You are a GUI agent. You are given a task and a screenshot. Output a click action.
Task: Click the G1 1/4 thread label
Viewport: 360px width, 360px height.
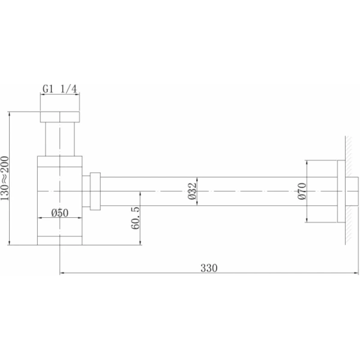click(59, 89)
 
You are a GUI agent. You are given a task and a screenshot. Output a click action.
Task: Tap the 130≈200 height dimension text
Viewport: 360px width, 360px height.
click(5, 178)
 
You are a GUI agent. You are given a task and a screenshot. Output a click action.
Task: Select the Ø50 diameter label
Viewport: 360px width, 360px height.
click(59, 213)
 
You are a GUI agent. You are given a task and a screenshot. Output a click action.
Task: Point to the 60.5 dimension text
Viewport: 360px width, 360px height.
click(135, 218)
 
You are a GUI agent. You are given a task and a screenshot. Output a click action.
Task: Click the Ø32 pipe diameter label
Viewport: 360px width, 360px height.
click(193, 191)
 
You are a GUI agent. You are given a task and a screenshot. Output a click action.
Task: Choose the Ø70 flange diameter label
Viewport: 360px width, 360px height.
click(302, 191)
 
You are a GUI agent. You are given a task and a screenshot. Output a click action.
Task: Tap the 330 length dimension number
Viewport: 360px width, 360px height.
click(209, 268)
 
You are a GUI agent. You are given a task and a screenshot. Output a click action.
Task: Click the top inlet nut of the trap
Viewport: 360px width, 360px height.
click(60, 117)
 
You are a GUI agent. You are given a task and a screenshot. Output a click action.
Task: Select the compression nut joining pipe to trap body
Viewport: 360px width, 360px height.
click(95, 191)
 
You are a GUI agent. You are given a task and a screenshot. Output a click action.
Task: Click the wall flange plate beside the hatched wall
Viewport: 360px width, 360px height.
click(341, 191)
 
